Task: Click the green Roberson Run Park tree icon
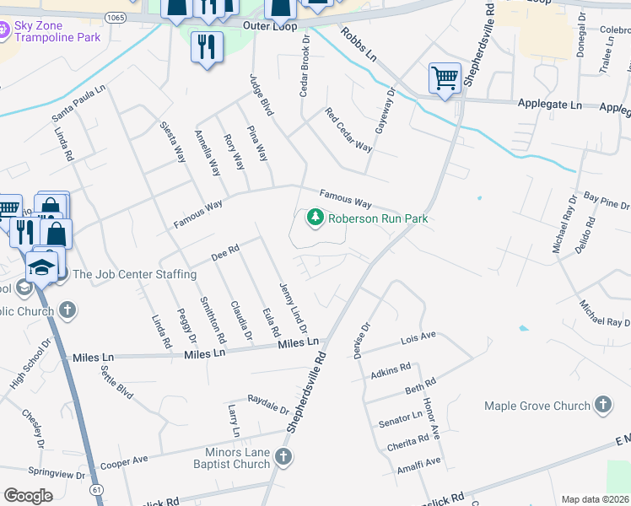(x=315, y=218)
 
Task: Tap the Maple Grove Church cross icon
(x=602, y=406)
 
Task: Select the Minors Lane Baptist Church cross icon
(x=283, y=457)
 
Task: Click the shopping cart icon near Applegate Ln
(x=445, y=78)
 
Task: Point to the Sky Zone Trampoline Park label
(x=57, y=31)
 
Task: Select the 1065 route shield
(x=116, y=17)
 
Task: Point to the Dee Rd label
(x=226, y=251)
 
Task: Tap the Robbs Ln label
(x=359, y=44)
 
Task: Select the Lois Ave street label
(x=418, y=338)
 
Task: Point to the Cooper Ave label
(x=123, y=462)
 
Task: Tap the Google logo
(x=28, y=496)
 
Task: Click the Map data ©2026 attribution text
(x=594, y=499)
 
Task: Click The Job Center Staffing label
(x=134, y=274)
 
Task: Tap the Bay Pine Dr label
(x=607, y=201)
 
